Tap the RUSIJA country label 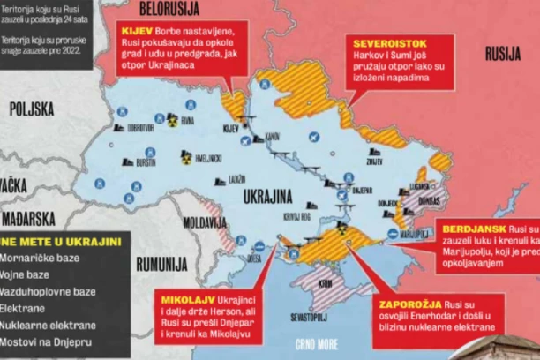coord(502,54)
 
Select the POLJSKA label coord(33,109)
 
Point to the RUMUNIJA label coord(161,264)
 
